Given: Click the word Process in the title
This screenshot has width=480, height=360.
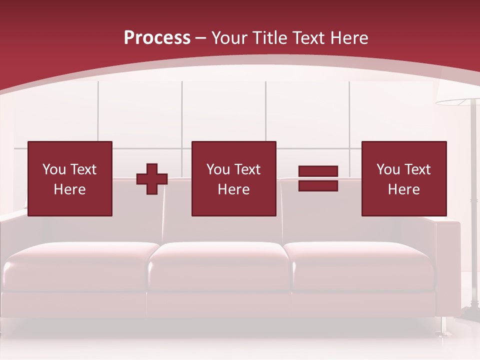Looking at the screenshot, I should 157,38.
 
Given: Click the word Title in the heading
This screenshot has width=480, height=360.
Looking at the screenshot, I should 270,38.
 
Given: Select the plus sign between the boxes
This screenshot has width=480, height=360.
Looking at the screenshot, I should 152,179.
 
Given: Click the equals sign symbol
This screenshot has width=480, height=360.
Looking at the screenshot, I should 318,178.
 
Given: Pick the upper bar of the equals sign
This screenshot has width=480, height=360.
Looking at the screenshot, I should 318,171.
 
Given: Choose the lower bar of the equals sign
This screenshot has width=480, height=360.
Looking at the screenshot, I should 318,185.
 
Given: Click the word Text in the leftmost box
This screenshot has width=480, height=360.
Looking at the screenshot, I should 83,169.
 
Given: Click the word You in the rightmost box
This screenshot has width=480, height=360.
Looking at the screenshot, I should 388,169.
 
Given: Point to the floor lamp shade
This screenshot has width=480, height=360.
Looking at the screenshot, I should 457,102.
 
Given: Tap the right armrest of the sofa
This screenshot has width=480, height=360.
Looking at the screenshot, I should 447,265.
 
